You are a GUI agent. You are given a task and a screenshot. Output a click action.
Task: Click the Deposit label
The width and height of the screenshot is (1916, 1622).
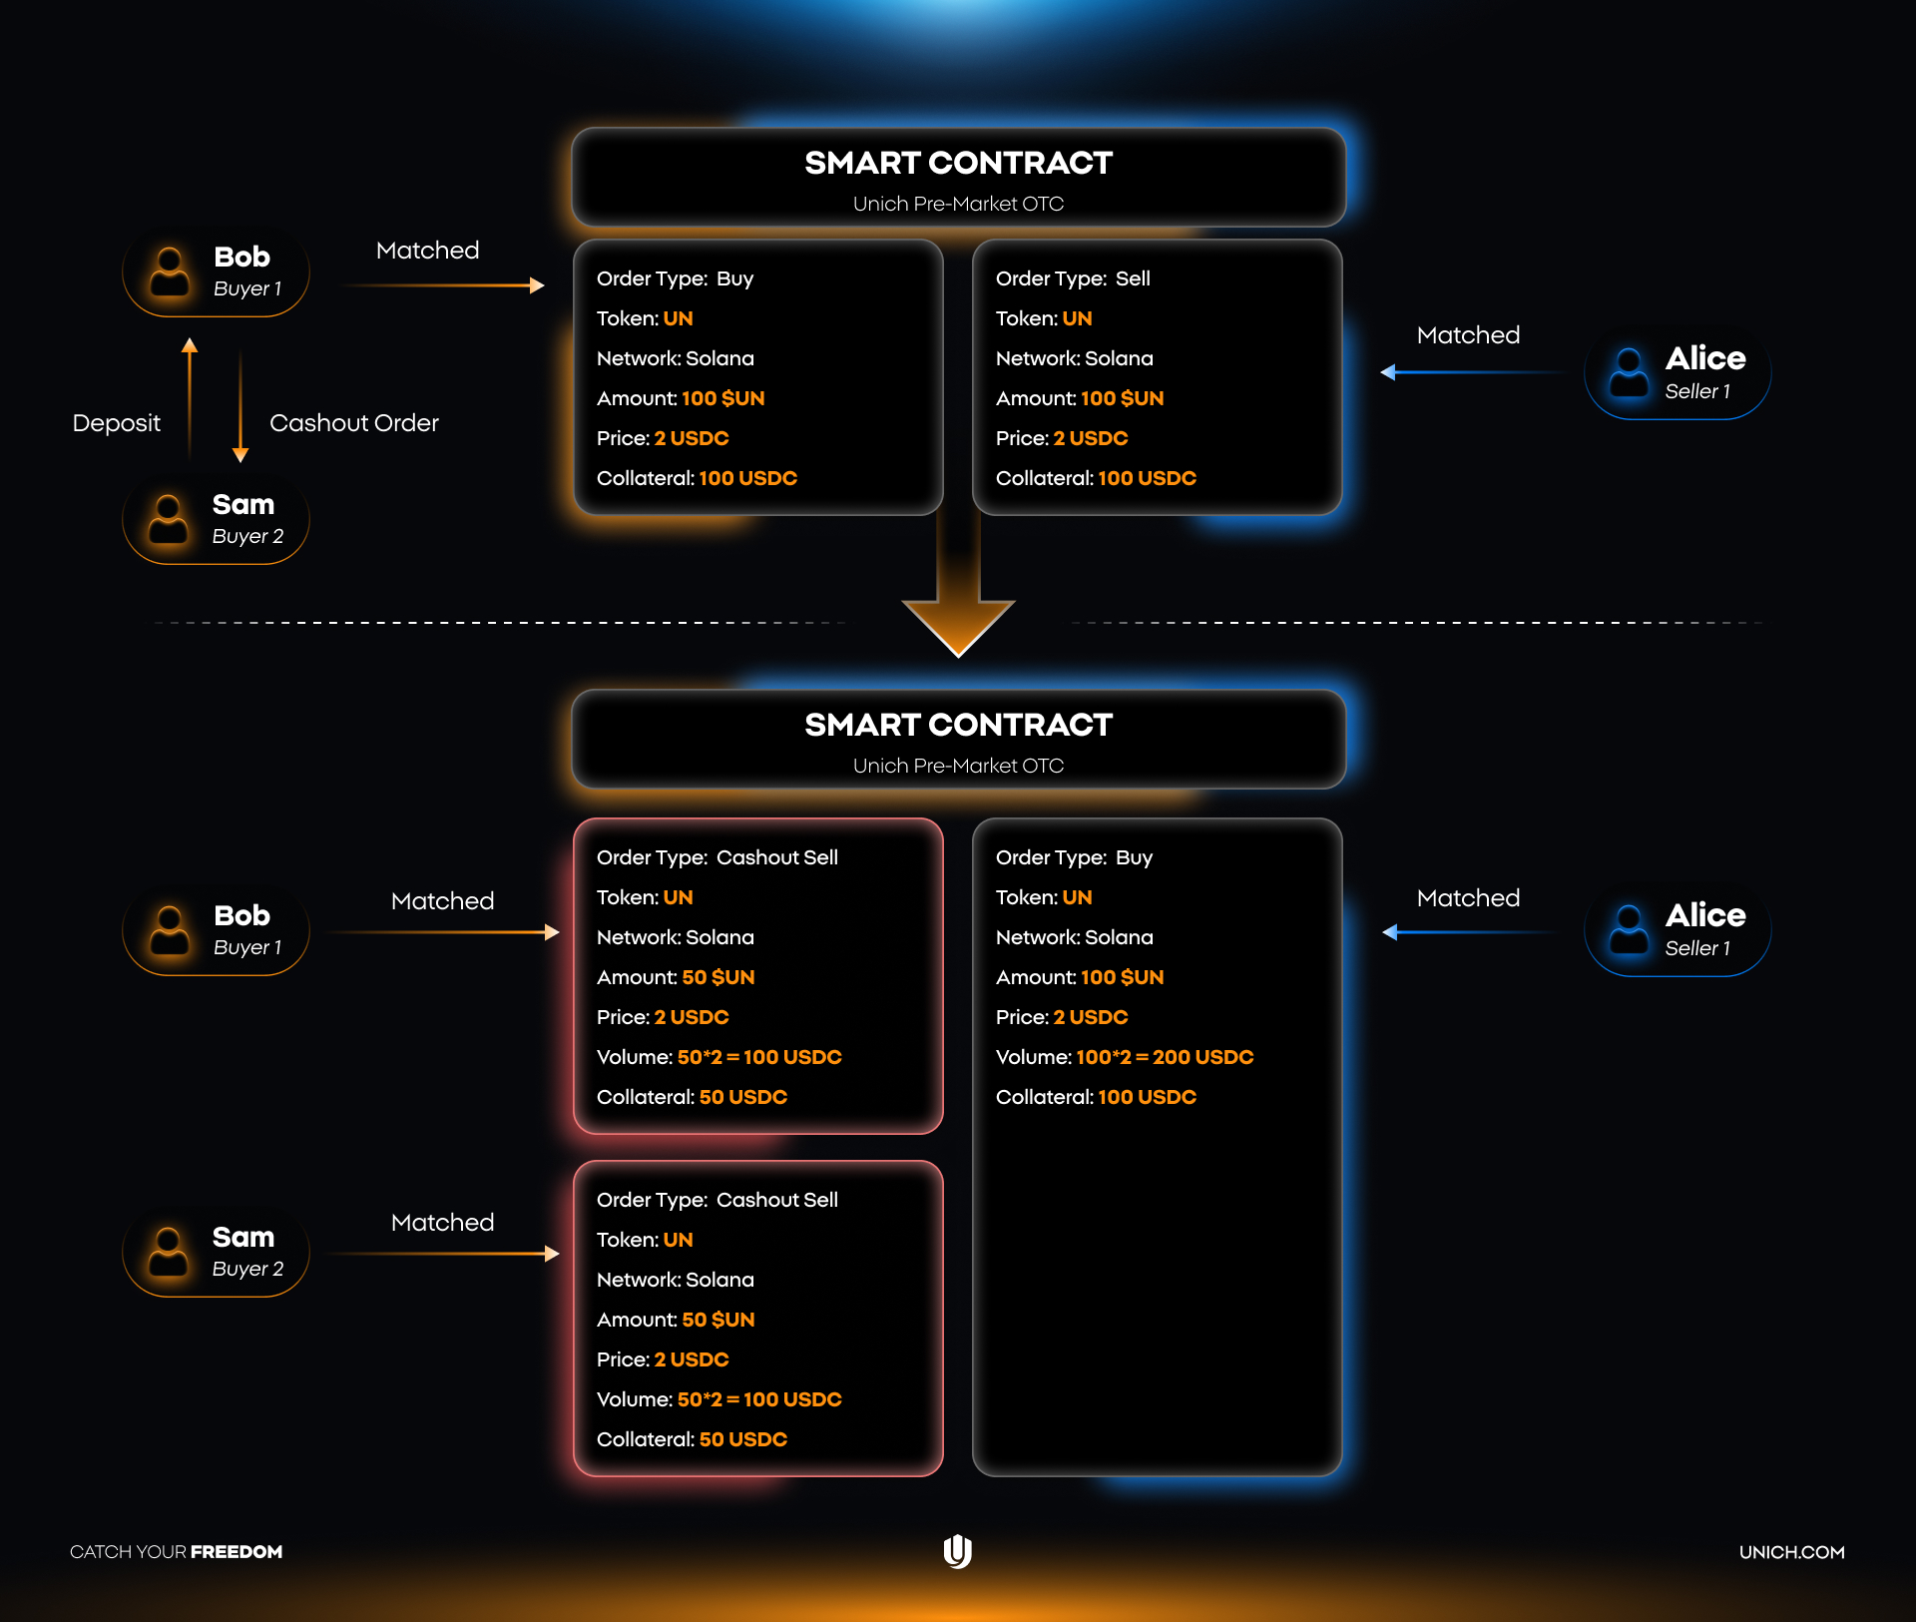[x=116, y=423]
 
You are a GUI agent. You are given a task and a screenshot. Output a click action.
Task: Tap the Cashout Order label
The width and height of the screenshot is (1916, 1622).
[x=353, y=423]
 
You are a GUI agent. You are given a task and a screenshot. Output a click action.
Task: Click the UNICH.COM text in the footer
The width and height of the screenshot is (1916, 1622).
[x=1791, y=1552]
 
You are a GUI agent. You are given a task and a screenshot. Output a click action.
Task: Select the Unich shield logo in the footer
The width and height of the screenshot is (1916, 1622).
[x=957, y=1551]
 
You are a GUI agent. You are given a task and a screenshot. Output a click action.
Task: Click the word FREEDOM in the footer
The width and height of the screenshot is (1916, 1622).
[x=237, y=1552]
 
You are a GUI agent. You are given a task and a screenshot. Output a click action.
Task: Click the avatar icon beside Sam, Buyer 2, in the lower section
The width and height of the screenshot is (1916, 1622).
[x=168, y=1252]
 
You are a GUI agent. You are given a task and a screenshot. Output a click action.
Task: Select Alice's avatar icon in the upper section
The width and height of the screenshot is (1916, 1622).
[x=1629, y=372]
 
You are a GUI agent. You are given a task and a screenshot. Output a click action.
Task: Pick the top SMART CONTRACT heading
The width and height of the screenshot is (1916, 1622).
[x=958, y=163]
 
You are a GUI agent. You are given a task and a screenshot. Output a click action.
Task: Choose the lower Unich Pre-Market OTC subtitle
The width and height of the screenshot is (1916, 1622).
[x=958, y=766]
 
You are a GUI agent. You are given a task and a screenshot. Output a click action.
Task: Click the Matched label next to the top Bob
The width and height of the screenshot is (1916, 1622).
[x=427, y=251]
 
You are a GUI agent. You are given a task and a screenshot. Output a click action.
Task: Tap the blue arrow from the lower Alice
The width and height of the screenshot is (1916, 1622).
[x=1467, y=932]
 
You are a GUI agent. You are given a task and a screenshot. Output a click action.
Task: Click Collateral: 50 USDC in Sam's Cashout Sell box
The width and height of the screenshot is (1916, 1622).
[x=692, y=1439]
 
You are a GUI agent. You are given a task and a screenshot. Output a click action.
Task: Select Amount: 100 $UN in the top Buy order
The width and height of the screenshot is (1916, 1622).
[x=681, y=398]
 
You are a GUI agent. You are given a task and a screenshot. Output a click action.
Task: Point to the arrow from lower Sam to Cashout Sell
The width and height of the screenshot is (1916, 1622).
[x=443, y=1254]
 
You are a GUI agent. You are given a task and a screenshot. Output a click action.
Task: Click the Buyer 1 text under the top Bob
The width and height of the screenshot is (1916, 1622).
[x=247, y=288]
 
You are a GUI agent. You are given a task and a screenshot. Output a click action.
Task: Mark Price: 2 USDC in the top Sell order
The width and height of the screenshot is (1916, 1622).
[x=1062, y=438]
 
